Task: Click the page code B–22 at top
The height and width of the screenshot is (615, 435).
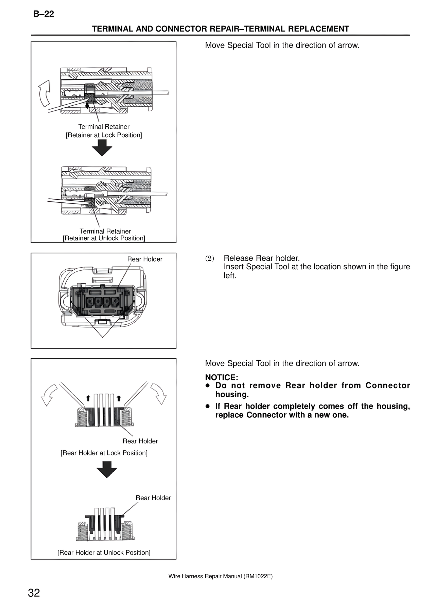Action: [x=43, y=14]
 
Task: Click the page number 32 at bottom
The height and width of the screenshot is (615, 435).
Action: [x=34, y=593]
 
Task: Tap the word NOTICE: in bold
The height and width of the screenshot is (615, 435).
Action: [x=222, y=377]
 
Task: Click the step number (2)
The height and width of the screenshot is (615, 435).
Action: [x=210, y=258]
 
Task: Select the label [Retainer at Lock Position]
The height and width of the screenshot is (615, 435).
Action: [x=104, y=135]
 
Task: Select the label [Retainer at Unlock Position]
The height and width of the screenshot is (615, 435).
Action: [x=104, y=238]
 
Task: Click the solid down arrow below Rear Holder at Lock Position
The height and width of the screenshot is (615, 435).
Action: [x=106, y=469]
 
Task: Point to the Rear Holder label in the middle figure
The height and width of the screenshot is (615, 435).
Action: [x=145, y=259]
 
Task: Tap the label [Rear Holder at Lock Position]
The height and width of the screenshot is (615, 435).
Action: [x=104, y=453]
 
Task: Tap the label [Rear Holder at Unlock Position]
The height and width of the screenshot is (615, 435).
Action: [x=104, y=553]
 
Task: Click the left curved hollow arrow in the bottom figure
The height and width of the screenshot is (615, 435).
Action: [x=49, y=395]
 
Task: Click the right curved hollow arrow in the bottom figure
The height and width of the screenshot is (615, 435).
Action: [x=158, y=394]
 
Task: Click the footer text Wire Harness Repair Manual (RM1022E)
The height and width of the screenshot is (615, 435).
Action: [x=220, y=576]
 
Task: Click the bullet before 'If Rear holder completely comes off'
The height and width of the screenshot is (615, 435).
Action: [x=207, y=406]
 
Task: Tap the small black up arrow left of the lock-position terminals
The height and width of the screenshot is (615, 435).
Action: [x=88, y=398]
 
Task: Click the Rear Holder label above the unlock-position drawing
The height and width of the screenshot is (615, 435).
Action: [x=153, y=498]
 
